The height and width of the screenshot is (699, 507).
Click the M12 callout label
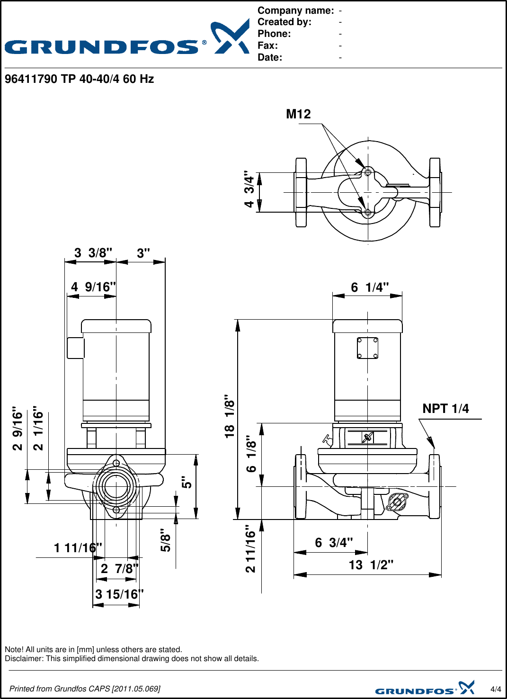tap(298, 114)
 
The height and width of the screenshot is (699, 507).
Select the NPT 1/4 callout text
tap(445, 409)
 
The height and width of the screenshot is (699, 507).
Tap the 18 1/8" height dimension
tap(230, 416)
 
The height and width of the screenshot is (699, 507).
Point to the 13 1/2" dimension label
tap(371, 565)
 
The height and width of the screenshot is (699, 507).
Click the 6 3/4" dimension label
tap(334, 543)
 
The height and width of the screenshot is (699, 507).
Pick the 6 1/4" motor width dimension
tap(369, 287)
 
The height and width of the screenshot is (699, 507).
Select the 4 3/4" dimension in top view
tap(249, 189)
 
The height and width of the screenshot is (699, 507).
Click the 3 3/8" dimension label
tap(93, 253)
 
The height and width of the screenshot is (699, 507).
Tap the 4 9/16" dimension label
tap(93, 287)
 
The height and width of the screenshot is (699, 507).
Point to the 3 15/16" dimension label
tap(119, 594)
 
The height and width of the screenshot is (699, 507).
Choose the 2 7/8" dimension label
tap(119, 568)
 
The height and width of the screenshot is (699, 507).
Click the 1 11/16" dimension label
tap(78, 548)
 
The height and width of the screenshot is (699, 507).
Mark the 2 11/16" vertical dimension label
tap(250, 549)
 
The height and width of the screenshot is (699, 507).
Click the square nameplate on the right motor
tap(367, 348)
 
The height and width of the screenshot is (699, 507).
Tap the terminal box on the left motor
tap(75, 348)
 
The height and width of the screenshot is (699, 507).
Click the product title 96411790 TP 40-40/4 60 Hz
tap(79, 79)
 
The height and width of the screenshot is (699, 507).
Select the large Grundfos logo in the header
tap(127, 39)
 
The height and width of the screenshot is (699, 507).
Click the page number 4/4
tap(496, 689)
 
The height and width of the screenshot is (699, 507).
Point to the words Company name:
tap(295, 10)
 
